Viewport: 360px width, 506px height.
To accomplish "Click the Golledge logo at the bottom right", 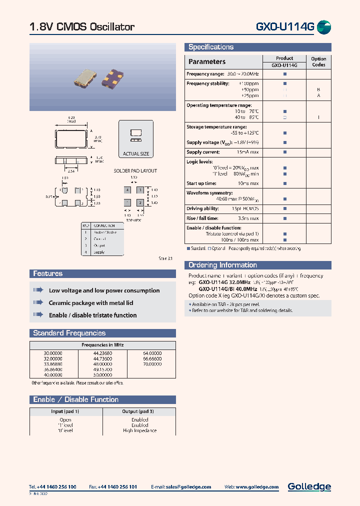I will pos(309,486).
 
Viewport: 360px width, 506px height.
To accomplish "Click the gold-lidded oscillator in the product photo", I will pos(84,77).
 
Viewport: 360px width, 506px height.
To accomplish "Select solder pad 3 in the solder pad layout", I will pos(140,190).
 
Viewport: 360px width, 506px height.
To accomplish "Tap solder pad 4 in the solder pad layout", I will pos(128,190).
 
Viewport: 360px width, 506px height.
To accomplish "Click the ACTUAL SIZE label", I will pos(135,154).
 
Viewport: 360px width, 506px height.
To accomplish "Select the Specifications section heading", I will pos(211,47).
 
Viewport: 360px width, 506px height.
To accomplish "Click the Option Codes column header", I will pos(318,61).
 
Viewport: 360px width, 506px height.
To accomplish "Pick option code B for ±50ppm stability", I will pos(318,89).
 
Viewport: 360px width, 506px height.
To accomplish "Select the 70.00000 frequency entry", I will pos(152,364).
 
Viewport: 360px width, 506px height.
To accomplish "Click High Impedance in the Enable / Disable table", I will pos(139,430).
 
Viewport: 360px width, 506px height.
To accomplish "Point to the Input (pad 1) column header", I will pos(65,411).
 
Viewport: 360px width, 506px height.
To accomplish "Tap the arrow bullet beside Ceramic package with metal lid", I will pos(38,302).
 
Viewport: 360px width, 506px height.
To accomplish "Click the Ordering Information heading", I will pos(222,265).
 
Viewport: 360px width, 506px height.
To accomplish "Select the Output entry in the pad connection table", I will pos(99,245).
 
